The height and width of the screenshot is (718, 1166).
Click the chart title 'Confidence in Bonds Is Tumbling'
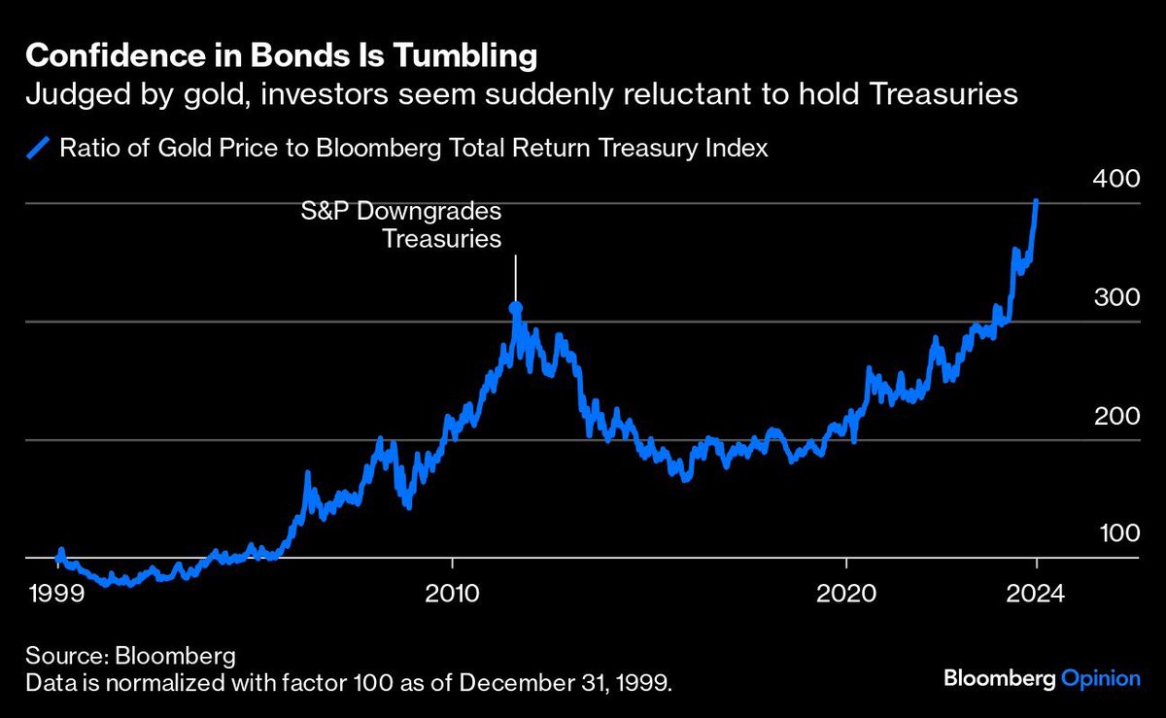pos(281,56)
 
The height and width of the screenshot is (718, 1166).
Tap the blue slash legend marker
pos(37,149)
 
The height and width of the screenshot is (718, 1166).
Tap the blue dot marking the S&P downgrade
pos(516,308)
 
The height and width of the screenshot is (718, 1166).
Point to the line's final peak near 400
pos(1037,202)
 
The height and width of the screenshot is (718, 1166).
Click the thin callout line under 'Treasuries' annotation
pos(516,277)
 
